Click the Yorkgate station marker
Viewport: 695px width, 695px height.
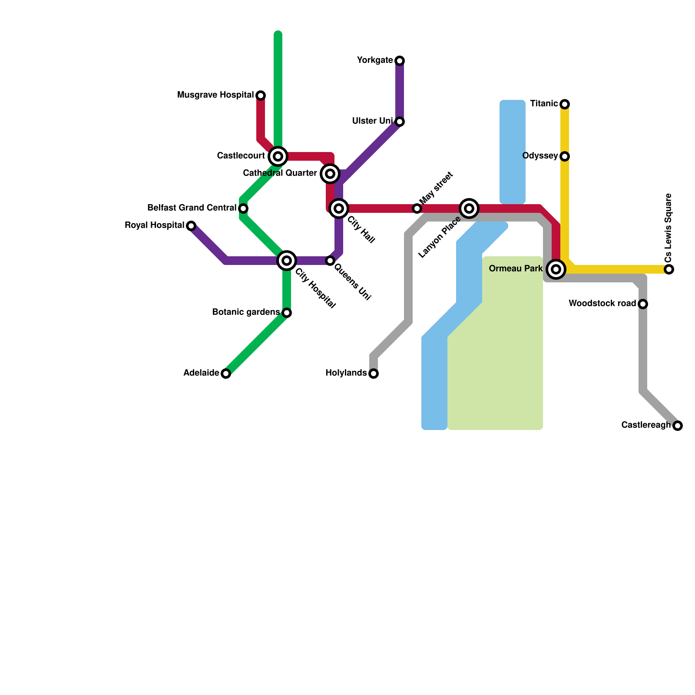click(x=400, y=60)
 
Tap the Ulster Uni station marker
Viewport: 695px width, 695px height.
click(x=400, y=121)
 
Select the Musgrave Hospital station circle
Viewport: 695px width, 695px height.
click(x=261, y=95)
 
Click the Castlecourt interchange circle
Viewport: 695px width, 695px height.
click(x=278, y=156)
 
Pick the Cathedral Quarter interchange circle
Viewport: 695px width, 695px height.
click(x=330, y=174)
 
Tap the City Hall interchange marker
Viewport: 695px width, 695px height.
click(x=339, y=208)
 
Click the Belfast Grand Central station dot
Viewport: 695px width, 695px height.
click(x=243, y=208)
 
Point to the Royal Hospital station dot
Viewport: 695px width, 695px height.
click(x=191, y=225)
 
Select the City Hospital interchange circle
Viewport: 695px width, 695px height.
click(x=287, y=261)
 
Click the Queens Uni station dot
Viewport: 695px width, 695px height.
click(x=330, y=261)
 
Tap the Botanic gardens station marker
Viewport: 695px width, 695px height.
click(x=287, y=313)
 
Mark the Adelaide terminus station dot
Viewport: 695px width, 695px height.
click(x=226, y=374)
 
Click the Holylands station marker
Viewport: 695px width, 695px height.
click(x=374, y=374)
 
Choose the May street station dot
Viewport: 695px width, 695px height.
click(x=417, y=208)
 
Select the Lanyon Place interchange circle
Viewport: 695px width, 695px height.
click(x=469, y=208)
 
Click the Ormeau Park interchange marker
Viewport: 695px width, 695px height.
click(x=556, y=269)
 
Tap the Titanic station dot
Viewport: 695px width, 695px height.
click(x=565, y=104)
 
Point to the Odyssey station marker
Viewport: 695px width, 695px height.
click(x=565, y=156)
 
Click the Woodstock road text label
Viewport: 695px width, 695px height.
click(x=602, y=304)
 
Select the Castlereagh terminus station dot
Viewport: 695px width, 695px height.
click(x=678, y=426)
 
